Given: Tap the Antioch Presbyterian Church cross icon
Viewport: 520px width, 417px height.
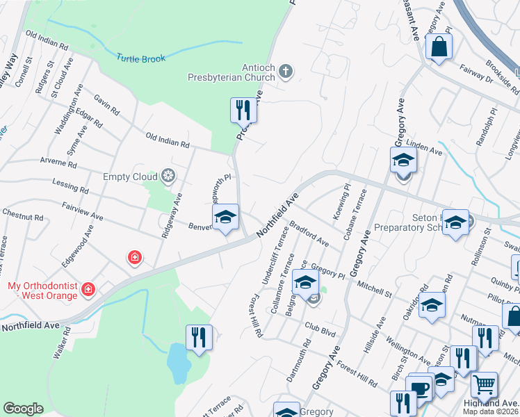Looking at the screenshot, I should (285, 70).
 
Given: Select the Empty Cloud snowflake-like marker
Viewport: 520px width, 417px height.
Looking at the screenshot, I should (167, 176).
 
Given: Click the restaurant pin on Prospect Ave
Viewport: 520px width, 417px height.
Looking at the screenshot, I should (243, 109).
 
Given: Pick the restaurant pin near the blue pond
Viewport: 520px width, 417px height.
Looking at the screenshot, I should (199, 338).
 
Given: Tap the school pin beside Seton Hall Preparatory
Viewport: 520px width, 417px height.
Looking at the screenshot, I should (455, 222).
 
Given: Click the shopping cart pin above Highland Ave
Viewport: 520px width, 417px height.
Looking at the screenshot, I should (484, 384).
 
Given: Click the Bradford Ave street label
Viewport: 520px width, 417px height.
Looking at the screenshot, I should (309, 234).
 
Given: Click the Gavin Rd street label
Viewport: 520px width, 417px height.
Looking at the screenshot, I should (108, 104).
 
